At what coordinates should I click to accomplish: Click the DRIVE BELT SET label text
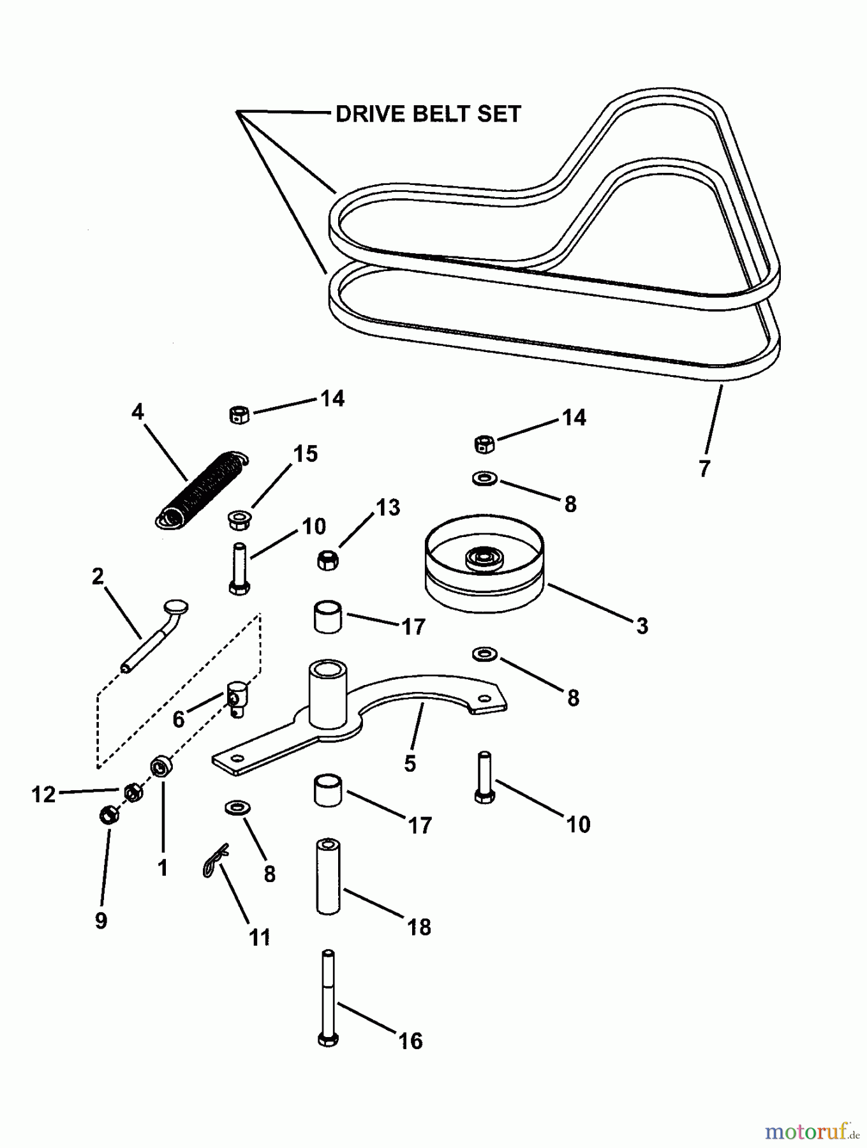[428, 114]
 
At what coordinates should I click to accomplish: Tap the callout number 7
[704, 469]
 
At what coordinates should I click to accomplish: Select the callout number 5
[410, 763]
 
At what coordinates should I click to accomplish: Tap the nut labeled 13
[327, 561]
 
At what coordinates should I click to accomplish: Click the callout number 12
[43, 795]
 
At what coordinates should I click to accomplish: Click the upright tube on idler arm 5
[327, 694]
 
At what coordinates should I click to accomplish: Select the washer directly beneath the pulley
[485, 654]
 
